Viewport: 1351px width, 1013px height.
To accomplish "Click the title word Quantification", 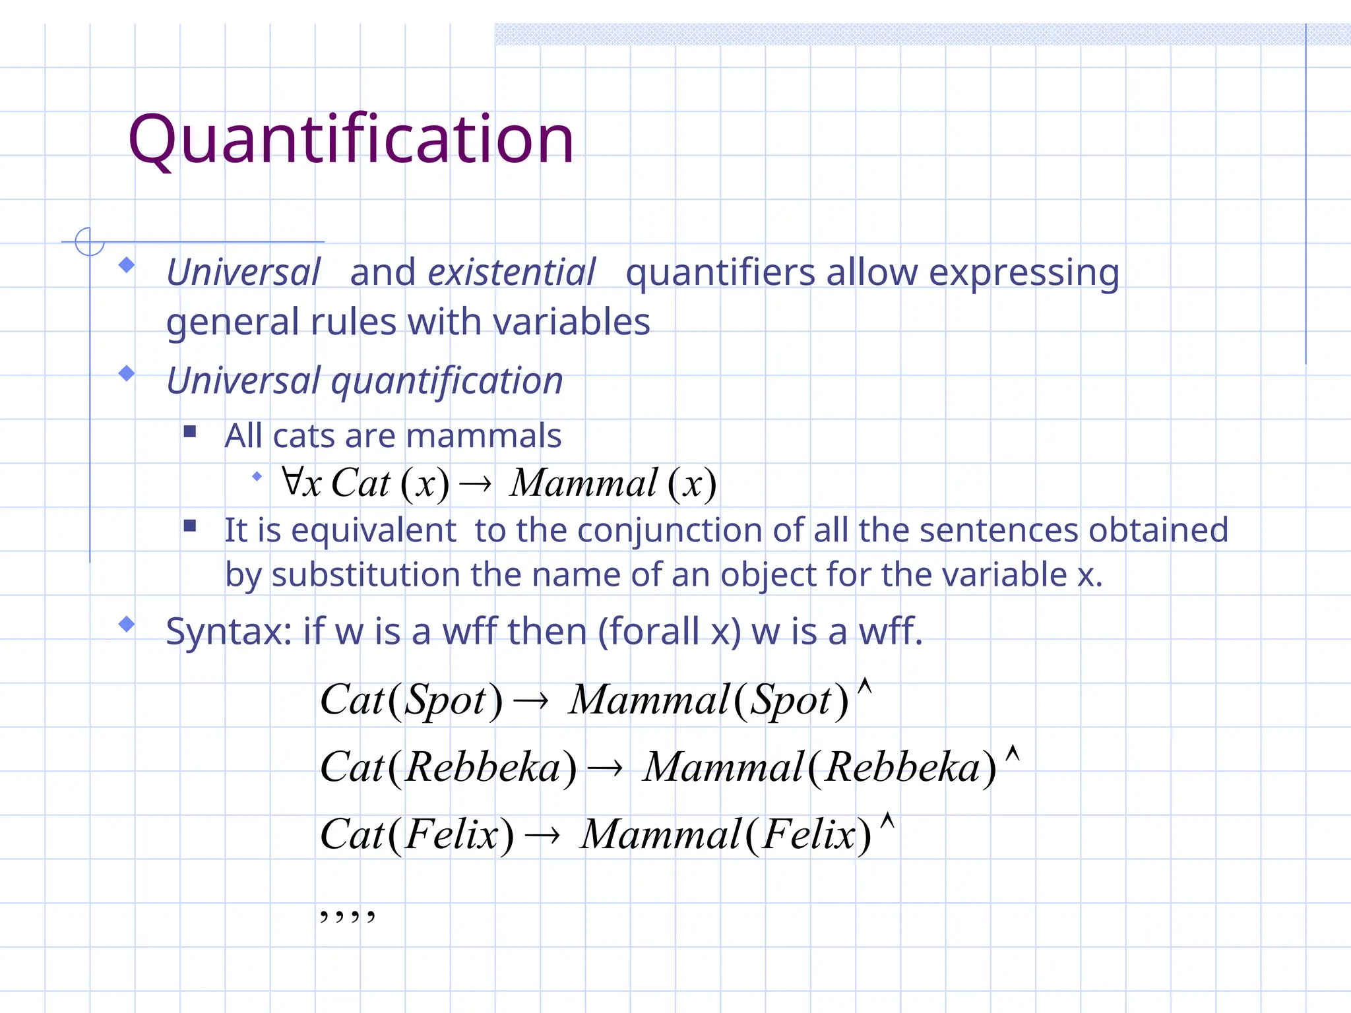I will (351, 140).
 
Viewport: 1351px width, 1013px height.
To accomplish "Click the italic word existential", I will (511, 272).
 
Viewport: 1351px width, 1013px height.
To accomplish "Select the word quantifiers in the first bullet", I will (720, 272).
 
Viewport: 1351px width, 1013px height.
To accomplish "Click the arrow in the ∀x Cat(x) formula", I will (475, 485).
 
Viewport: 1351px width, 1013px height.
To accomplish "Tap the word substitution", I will (365, 574).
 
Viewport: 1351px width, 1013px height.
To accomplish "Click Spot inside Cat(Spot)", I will (445, 700).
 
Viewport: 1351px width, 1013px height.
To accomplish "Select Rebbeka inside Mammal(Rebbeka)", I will (902, 767).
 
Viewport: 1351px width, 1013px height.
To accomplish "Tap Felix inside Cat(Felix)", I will (451, 834).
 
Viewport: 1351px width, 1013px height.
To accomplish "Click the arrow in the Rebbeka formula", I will (605, 768).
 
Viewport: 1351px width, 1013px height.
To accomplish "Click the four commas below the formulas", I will (347, 915).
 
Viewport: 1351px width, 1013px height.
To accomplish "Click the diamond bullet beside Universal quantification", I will (127, 374).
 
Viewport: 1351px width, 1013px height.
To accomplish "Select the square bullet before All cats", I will (190, 432).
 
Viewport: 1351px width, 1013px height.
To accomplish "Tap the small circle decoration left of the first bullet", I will (89, 241).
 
